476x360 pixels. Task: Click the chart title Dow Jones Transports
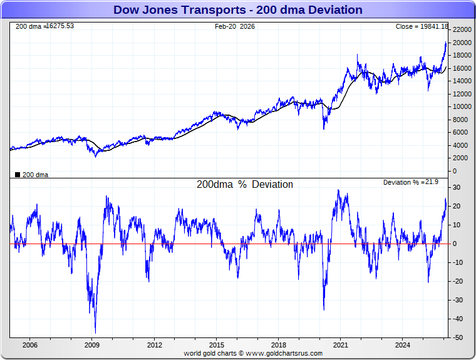[x=237, y=9]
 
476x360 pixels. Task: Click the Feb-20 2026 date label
[x=235, y=26]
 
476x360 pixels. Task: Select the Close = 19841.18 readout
[x=422, y=26]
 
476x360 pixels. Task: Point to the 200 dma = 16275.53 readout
[x=44, y=26]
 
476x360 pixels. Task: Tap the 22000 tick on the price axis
[x=461, y=29]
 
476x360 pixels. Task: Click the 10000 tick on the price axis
[x=461, y=106]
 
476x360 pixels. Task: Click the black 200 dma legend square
[x=17, y=175]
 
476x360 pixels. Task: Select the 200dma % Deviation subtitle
[x=244, y=185]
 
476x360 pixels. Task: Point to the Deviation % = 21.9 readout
[x=415, y=182]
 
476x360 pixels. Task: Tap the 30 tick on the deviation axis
[x=458, y=188]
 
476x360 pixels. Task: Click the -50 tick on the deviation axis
[x=458, y=338]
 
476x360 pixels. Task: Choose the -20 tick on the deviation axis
[x=458, y=282]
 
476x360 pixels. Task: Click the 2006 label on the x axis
[x=29, y=345]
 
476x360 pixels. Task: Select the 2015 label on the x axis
[x=216, y=345]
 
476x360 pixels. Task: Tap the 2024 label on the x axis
[x=403, y=345]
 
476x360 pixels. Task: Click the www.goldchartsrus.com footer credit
[x=253, y=353]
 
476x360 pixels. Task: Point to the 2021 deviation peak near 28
[x=338, y=190]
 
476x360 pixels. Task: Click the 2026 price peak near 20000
[x=445, y=42]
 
